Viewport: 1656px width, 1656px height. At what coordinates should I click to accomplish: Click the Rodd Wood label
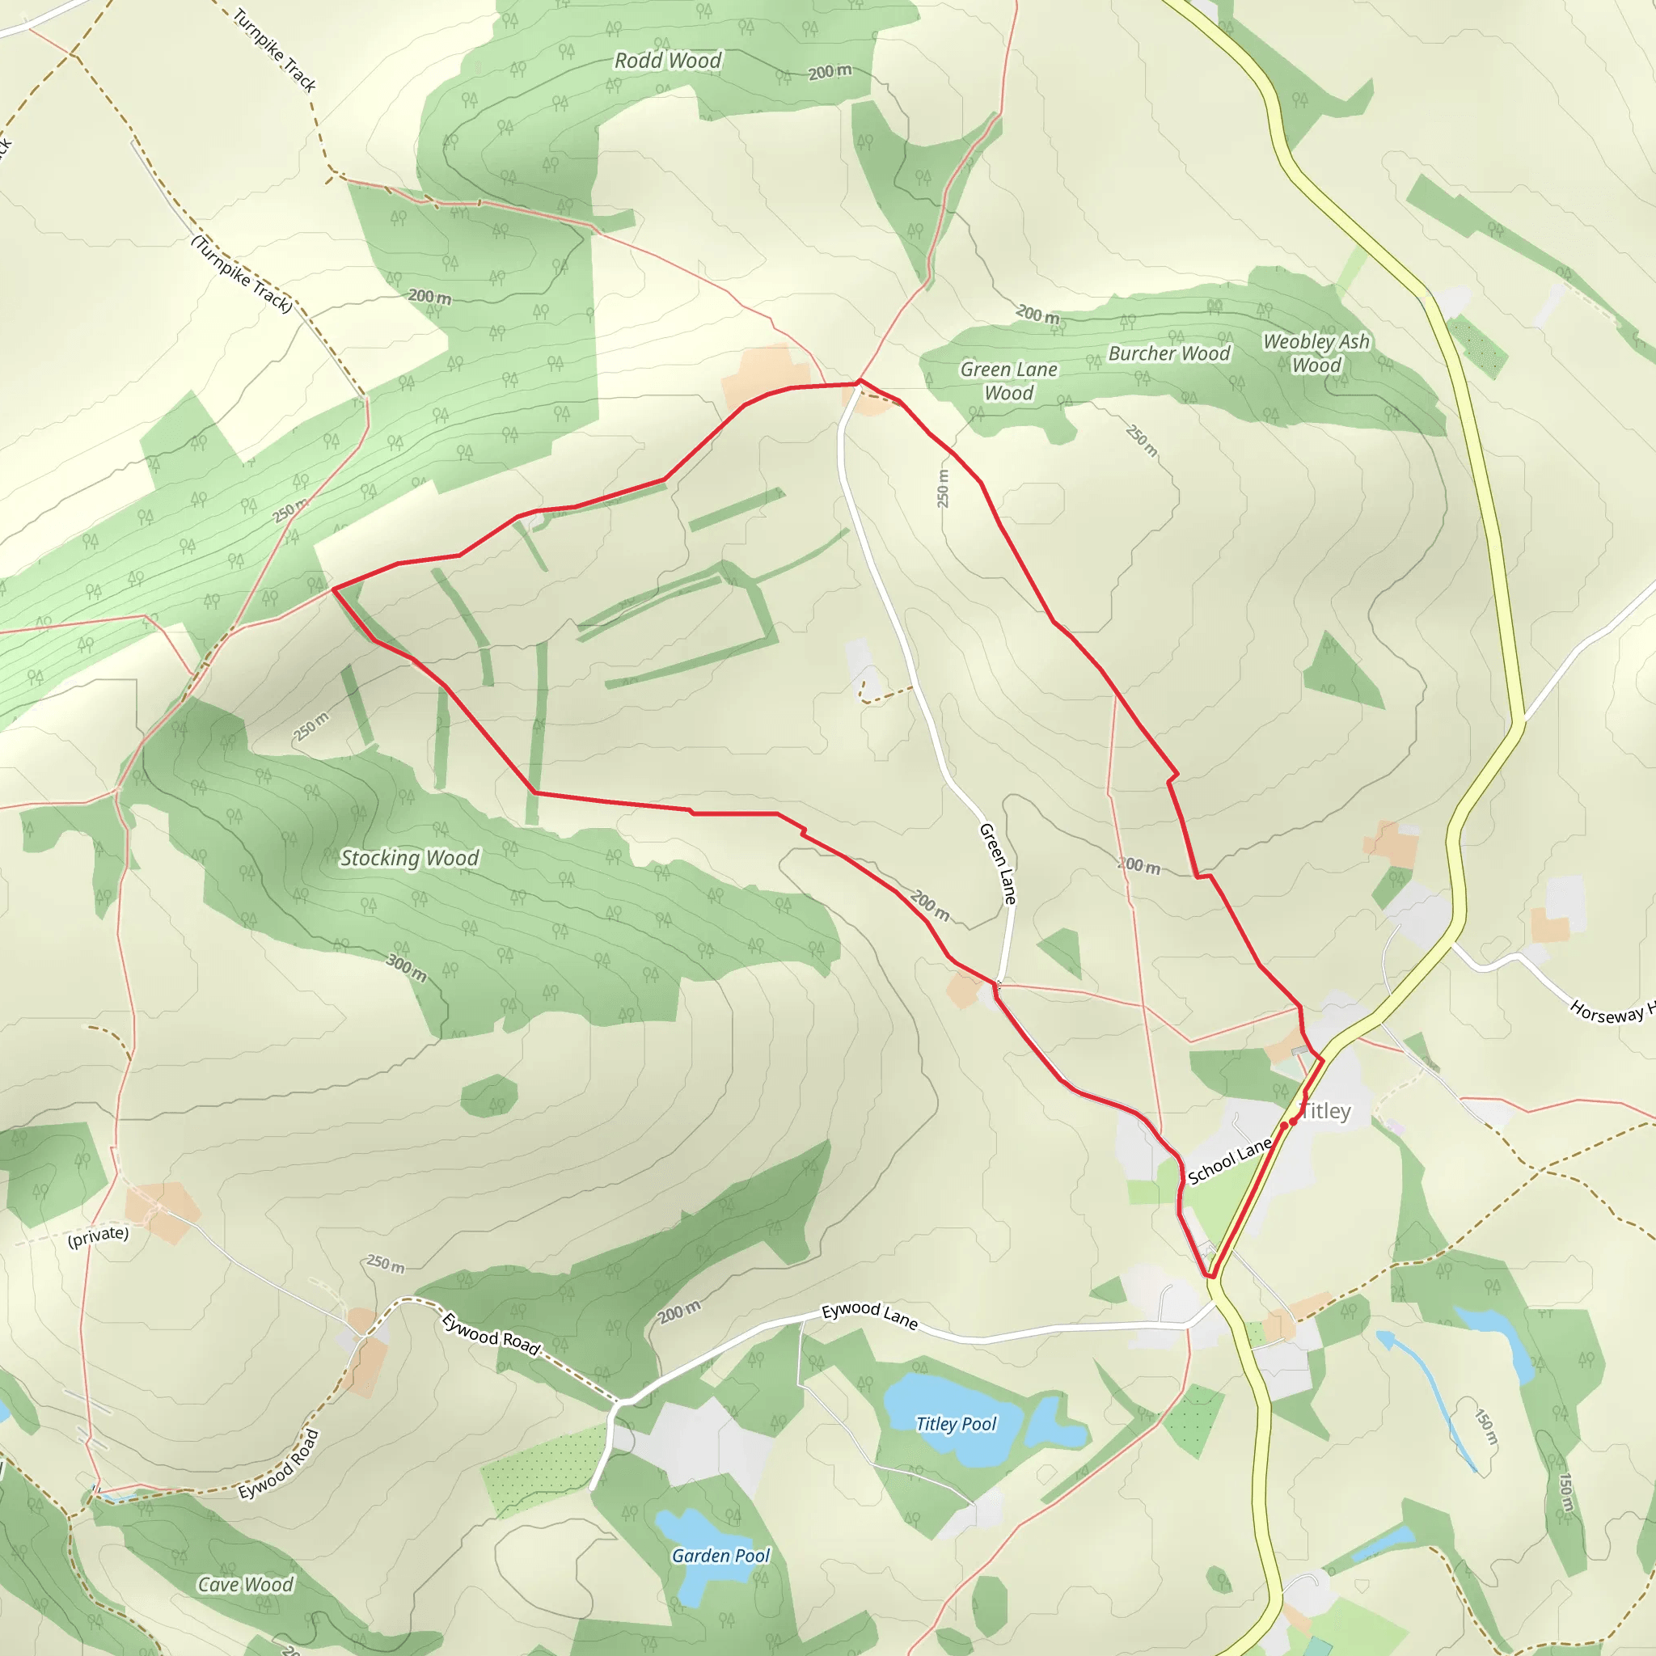[x=668, y=61]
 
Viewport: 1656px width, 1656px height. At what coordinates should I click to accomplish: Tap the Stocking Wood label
[x=409, y=858]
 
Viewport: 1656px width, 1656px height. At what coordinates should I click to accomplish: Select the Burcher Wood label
[x=1168, y=353]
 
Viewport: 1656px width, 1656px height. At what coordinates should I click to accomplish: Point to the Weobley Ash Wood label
[x=1316, y=353]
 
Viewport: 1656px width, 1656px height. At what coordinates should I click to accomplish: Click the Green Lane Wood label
[x=1008, y=381]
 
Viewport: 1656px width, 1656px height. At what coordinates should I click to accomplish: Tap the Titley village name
[x=1326, y=1111]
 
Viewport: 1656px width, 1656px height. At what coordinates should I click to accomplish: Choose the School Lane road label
[x=1229, y=1160]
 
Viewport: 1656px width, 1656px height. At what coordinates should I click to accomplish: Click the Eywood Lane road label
[x=869, y=1316]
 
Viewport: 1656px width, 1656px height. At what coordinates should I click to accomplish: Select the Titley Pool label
[x=956, y=1424]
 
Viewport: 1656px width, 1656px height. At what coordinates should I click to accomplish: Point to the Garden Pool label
[x=720, y=1556]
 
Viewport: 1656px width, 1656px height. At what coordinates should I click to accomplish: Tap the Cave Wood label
[x=245, y=1585]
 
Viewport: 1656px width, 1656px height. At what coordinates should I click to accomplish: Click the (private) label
[x=98, y=1237]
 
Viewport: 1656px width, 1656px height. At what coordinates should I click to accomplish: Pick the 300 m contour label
[x=406, y=968]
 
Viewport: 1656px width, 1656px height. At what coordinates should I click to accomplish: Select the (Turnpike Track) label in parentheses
[x=242, y=274]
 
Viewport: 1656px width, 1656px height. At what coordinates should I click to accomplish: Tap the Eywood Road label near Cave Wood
[x=279, y=1464]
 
